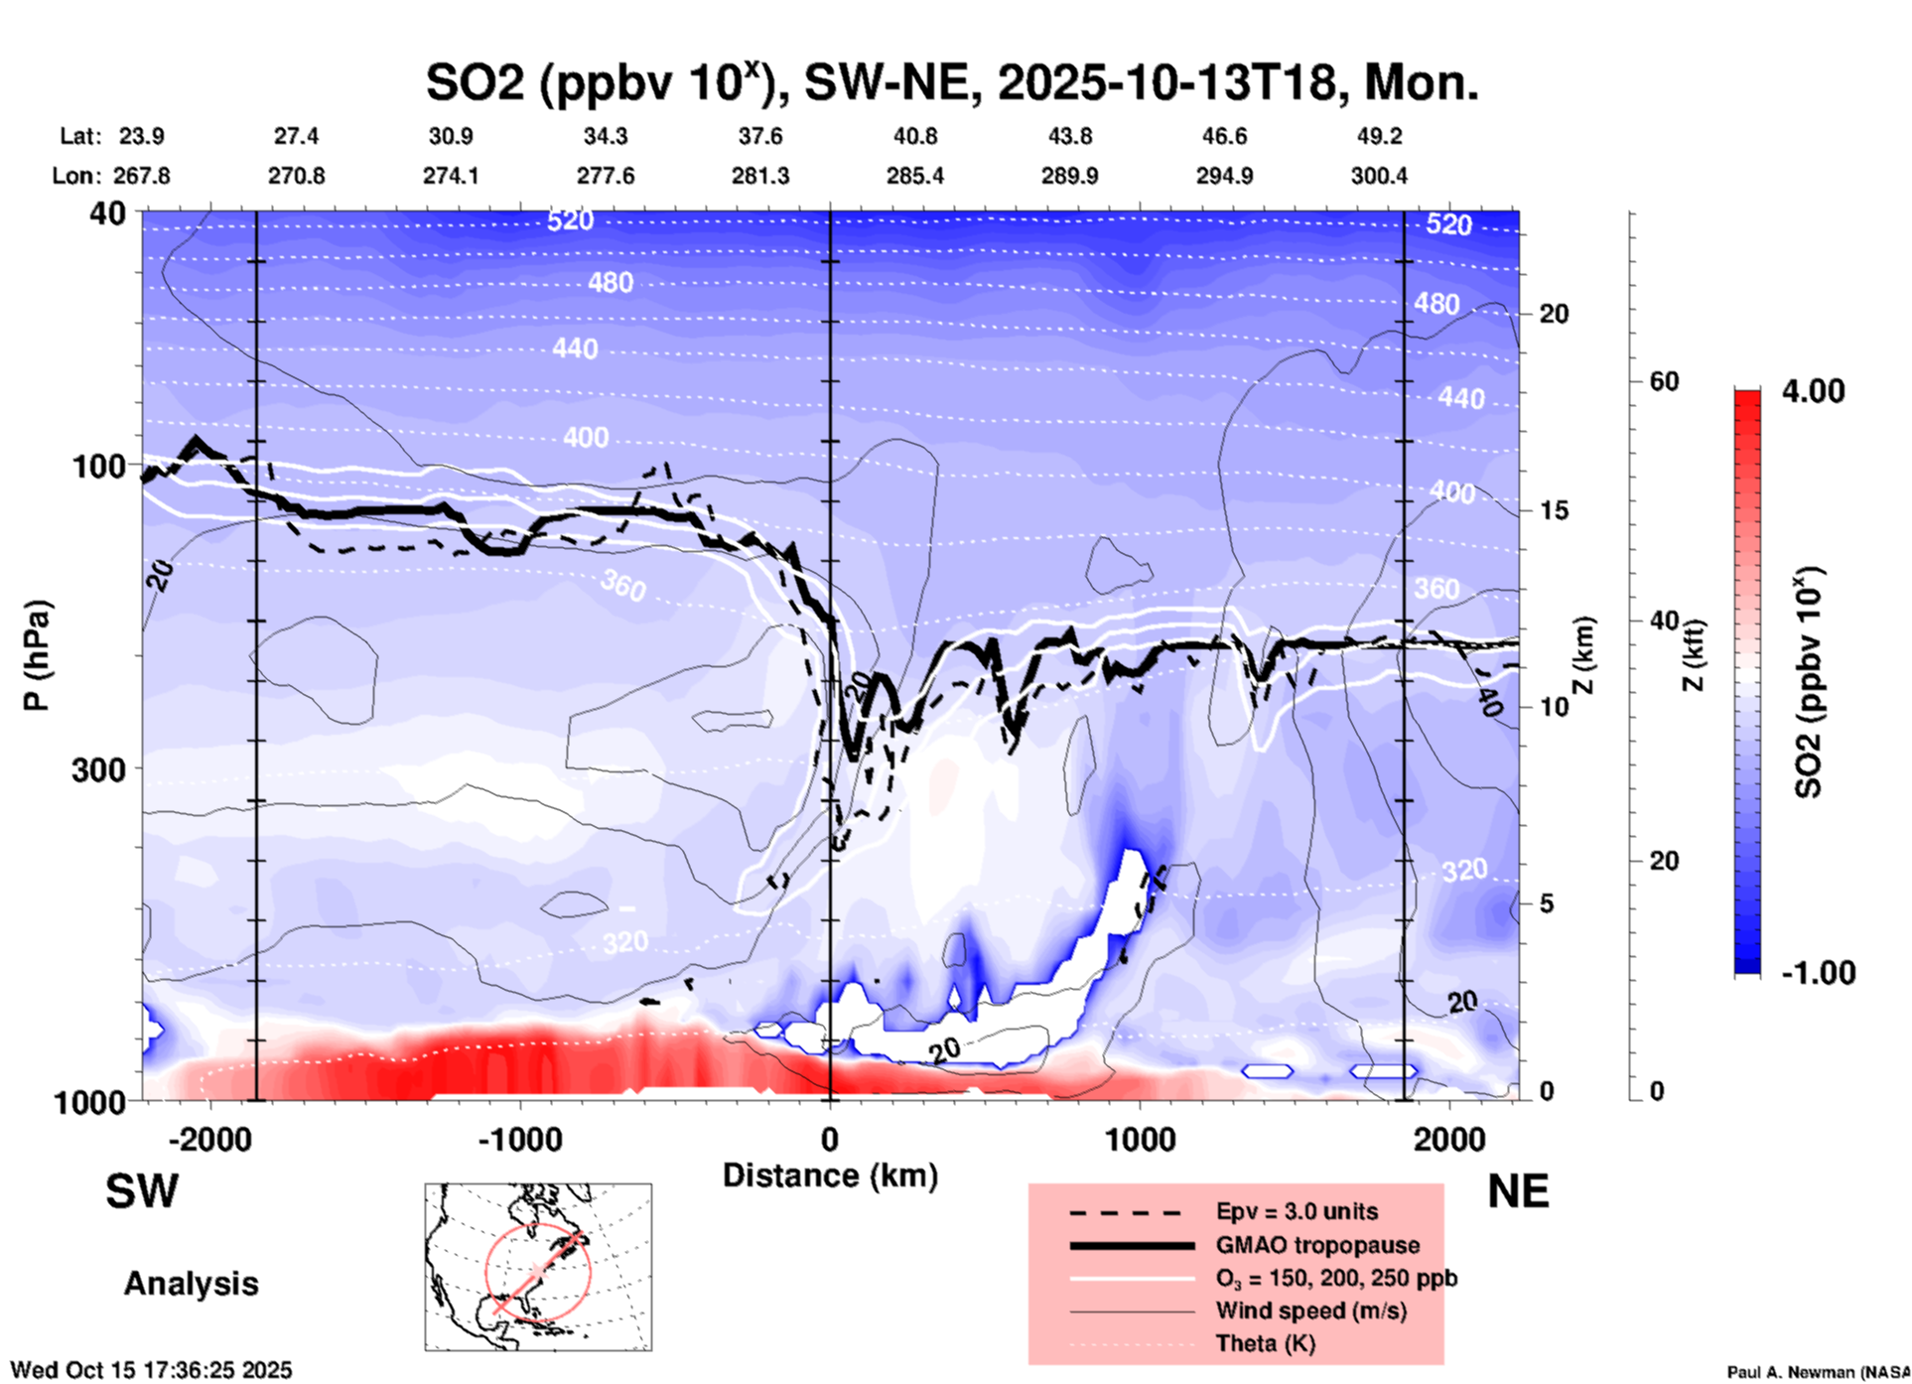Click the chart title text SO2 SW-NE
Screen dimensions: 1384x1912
[951, 83]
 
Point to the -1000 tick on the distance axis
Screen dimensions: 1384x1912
[520, 1139]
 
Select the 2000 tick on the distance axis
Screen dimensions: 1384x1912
[1449, 1139]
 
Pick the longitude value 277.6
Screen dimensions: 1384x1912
[606, 176]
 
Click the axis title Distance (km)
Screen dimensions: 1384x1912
[830, 1176]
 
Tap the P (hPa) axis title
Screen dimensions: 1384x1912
[37, 655]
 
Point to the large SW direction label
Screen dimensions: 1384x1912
[142, 1191]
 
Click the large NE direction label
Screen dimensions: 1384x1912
[1518, 1191]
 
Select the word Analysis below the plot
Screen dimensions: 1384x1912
[191, 1284]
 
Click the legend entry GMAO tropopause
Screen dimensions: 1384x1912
[1317, 1245]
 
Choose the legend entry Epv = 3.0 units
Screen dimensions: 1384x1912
[1297, 1211]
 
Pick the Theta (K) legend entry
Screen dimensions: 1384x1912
[1265, 1343]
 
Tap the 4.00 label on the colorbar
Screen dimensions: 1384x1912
[1813, 391]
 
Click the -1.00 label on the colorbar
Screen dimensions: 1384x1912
[1817, 973]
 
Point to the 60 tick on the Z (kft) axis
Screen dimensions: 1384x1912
[1664, 381]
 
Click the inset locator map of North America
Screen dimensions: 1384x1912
[538, 1266]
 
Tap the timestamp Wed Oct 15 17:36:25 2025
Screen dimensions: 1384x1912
[151, 1370]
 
